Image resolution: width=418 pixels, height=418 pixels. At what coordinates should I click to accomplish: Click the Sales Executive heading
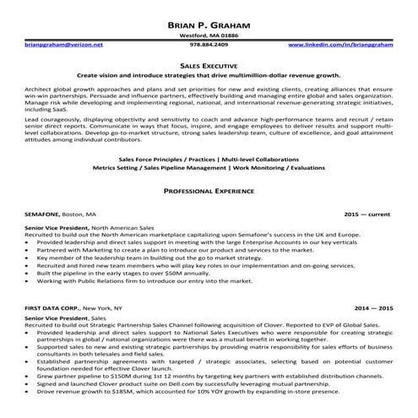pos(209,63)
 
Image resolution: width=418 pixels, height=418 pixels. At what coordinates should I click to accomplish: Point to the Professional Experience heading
pos(209,193)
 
